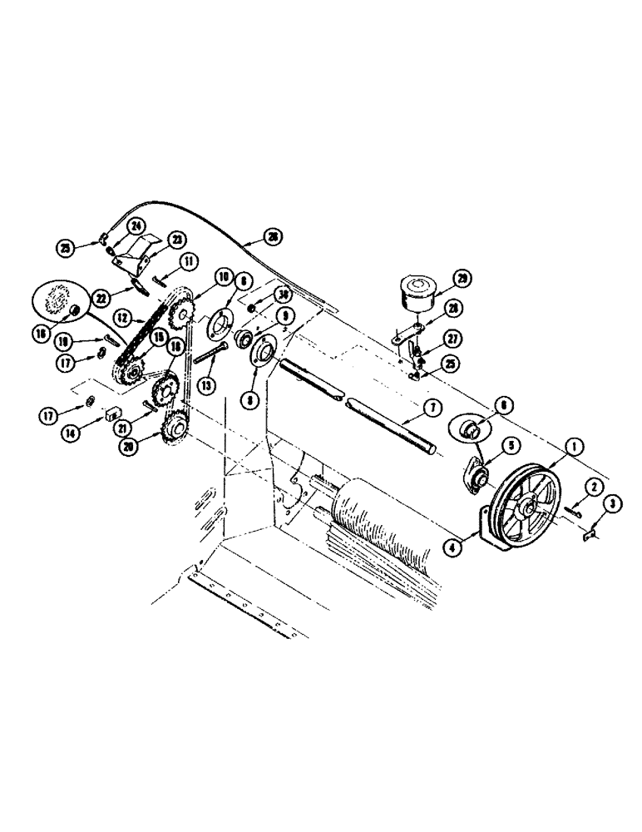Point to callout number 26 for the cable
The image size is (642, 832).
(x=273, y=237)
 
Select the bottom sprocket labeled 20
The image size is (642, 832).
(x=176, y=428)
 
